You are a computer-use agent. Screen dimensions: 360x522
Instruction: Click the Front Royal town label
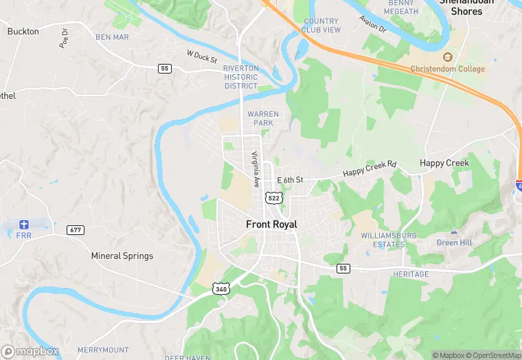point(271,224)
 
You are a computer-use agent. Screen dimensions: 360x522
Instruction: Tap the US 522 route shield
point(274,198)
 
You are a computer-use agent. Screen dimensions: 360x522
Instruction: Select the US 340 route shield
point(220,289)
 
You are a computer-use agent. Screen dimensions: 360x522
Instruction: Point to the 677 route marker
point(76,229)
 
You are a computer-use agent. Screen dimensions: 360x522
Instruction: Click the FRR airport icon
point(24,225)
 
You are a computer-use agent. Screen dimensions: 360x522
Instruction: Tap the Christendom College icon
point(448,57)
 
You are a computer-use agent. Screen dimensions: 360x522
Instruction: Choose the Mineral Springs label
point(122,256)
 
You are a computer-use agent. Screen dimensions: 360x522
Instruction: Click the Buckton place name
point(23,31)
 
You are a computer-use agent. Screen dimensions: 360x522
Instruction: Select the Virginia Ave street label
point(255,169)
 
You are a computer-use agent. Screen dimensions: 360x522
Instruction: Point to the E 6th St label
point(290,180)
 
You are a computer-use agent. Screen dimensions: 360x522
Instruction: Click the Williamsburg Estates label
point(389,240)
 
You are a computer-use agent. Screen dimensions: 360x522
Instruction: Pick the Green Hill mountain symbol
point(453,232)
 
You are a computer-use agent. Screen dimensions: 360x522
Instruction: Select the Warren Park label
point(262,118)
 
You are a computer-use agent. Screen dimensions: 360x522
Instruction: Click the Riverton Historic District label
point(241,77)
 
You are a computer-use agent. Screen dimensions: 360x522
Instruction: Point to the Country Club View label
point(321,25)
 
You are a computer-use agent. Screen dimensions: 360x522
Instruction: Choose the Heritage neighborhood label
point(411,274)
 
